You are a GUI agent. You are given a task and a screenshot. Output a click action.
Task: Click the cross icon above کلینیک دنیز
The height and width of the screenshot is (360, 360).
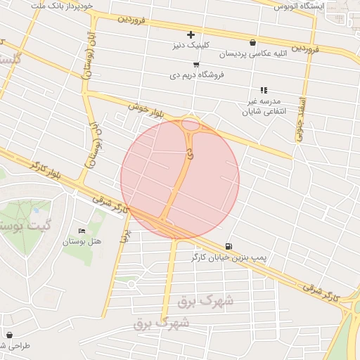point(191,34)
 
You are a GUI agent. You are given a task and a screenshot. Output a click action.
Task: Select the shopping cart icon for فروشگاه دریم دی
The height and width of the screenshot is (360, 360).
point(195,64)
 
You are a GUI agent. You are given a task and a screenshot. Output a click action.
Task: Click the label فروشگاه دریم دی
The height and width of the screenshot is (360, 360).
point(197,75)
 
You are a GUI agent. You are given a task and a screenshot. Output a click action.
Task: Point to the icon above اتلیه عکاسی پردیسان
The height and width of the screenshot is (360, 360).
point(253,43)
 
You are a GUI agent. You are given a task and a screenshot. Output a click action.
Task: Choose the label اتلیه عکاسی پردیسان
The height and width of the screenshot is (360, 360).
point(253,54)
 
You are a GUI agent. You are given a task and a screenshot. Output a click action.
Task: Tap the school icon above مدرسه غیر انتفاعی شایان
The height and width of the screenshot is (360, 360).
point(264,91)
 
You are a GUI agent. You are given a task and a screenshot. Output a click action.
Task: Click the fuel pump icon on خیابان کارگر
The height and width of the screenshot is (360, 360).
point(229,246)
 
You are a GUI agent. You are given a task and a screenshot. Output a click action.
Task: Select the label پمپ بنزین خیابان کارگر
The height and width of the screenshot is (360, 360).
point(230,258)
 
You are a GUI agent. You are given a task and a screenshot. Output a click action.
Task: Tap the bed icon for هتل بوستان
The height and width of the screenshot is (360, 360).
point(82,231)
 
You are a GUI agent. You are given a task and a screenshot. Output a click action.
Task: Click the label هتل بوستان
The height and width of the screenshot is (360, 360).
point(82,241)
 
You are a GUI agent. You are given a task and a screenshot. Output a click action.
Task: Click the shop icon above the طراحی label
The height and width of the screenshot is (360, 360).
point(9,335)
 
